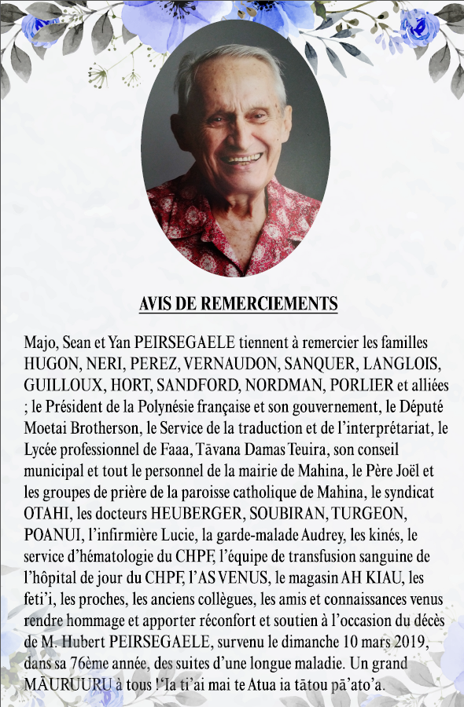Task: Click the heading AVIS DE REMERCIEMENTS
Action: [238, 304]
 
